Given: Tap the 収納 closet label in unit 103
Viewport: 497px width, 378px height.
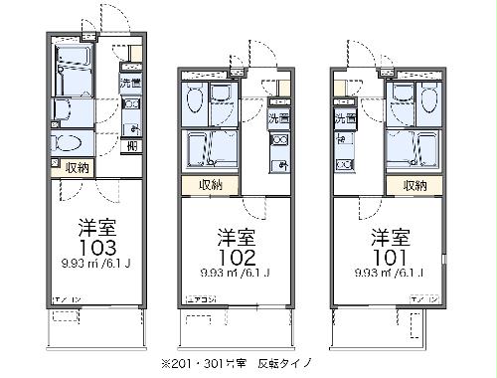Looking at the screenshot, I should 77,168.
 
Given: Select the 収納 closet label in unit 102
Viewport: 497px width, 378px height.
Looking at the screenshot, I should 210,184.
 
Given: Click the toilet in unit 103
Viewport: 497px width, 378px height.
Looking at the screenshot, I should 71,142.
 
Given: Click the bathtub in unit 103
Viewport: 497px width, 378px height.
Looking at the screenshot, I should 73,71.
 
